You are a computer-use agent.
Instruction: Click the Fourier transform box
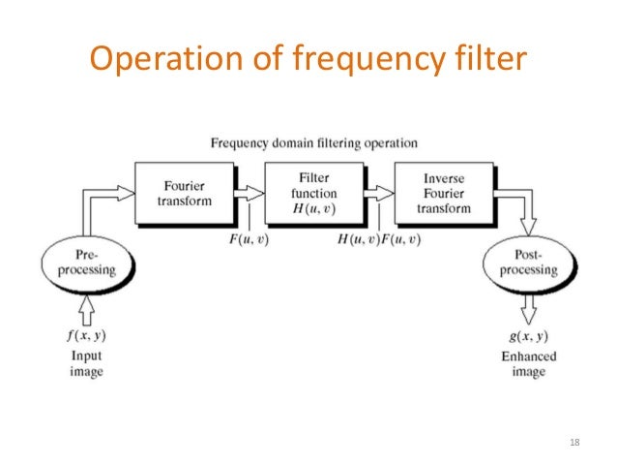pos(185,195)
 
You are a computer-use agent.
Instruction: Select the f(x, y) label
pos(86,335)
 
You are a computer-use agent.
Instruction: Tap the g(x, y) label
pos(526,335)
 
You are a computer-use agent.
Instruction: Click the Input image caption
pos(86,363)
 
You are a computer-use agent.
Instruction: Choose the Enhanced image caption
pos(526,363)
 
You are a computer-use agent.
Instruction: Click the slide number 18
pos(575,443)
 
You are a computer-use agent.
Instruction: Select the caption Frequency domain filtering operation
pos(314,143)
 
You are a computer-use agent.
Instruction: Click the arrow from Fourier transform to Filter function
pos(249,195)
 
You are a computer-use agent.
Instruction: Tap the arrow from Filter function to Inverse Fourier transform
pos(379,195)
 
